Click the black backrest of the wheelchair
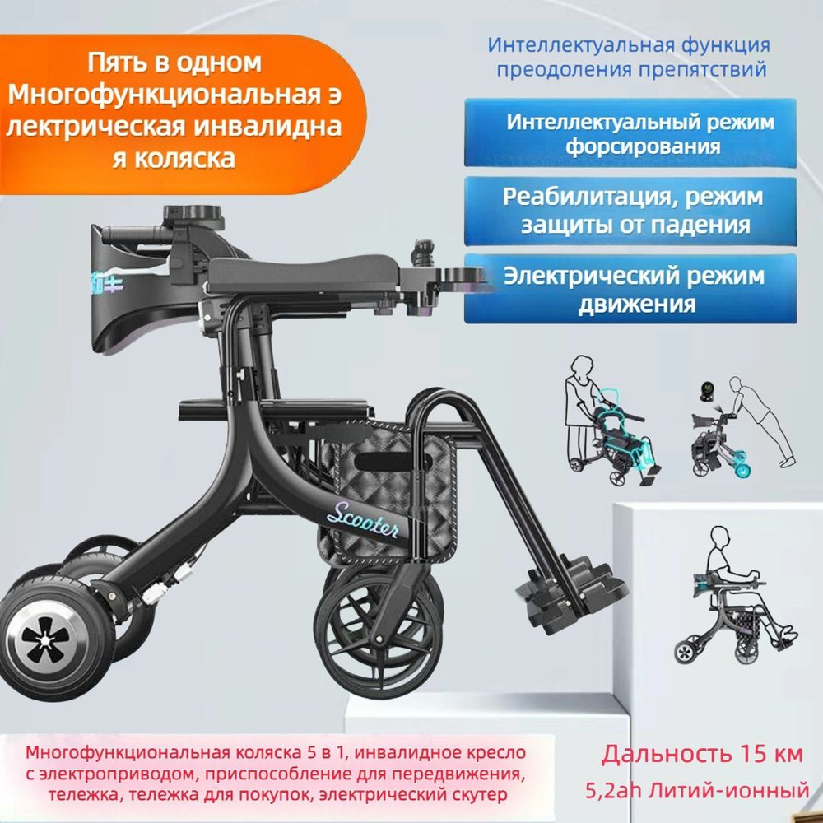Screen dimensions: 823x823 (x=132, y=280)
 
